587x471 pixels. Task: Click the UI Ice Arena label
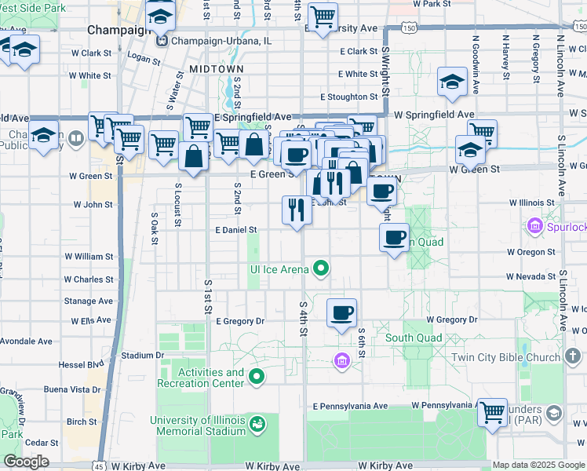[x=279, y=269]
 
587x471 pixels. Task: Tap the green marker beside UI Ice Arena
[x=320, y=270]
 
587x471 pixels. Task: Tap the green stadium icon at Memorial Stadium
[x=257, y=425]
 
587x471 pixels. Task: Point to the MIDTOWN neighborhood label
[x=216, y=69]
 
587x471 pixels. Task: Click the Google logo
[x=26, y=462]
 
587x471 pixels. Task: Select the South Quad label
[x=414, y=338]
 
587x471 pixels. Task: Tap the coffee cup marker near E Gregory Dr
[x=341, y=313]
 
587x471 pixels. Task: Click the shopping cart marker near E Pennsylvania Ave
[x=493, y=411]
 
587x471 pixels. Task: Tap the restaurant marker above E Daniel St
[x=297, y=210]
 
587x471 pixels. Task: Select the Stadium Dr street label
[x=141, y=356]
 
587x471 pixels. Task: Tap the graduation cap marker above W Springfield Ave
[x=452, y=82]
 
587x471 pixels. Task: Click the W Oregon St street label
[x=530, y=252]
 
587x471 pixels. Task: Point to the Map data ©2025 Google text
[x=538, y=465]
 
